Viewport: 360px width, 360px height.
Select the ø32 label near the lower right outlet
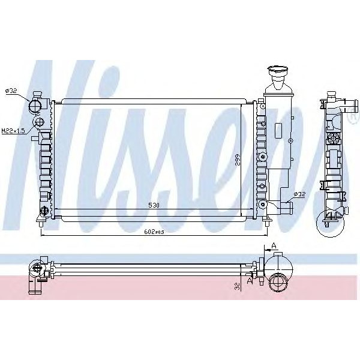point(299,194)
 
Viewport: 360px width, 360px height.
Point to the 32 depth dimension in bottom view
point(238,285)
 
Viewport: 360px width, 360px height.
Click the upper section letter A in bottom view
point(274,245)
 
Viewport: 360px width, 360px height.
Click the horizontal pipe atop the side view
point(344,107)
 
